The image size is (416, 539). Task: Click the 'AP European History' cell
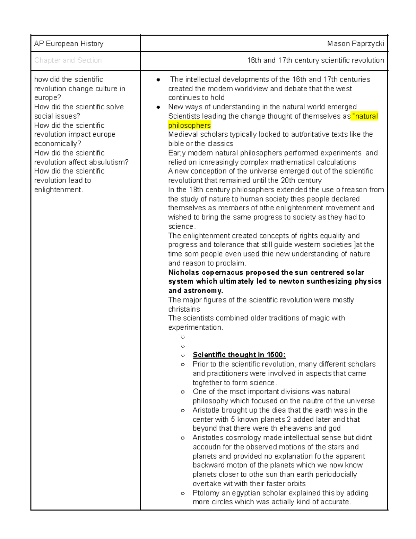point(69,44)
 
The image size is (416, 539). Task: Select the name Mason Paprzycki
point(355,44)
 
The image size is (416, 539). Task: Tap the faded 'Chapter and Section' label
point(68,60)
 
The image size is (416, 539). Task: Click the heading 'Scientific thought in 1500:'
point(239,355)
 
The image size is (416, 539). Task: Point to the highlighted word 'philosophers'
point(189,125)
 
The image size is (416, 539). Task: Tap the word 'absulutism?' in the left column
point(108,162)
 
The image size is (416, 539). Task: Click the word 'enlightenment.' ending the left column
point(59,190)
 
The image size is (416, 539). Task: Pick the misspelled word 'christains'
point(184,309)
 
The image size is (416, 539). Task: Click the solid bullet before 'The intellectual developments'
point(158,80)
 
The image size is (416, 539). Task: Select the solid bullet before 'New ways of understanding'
point(158,107)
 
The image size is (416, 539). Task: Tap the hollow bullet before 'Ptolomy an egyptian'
point(183,493)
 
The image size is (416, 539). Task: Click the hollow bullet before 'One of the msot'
point(183,392)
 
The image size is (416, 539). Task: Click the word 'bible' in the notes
point(176,144)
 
